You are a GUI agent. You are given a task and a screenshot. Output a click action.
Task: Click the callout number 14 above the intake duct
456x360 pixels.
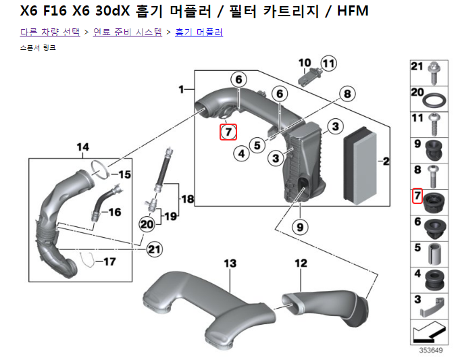coord(82,147)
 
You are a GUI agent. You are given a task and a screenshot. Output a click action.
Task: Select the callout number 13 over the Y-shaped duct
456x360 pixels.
coord(230,262)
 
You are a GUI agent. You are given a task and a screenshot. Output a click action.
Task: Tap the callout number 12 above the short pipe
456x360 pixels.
coord(301,262)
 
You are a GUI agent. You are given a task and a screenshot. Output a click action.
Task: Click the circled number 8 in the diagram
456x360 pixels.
coord(347,94)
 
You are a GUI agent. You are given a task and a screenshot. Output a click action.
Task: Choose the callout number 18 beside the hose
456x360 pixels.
coord(187,199)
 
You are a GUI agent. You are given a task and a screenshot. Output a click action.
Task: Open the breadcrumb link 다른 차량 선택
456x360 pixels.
coord(50,32)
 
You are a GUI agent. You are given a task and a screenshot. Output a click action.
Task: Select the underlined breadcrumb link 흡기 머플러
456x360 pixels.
coord(199,32)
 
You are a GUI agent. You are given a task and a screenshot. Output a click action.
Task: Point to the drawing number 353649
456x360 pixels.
coord(430,350)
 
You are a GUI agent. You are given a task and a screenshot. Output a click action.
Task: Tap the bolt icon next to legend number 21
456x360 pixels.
coord(434,68)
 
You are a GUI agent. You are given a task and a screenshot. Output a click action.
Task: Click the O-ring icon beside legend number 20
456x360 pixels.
coord(434,99)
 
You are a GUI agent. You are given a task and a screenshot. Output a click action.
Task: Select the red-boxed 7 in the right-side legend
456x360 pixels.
coord(417,197)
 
